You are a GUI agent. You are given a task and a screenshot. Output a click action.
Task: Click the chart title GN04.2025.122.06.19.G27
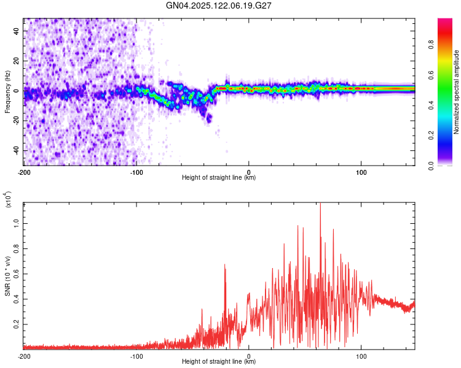point(219,6)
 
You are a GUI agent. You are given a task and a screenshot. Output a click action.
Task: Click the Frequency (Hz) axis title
point(7,91)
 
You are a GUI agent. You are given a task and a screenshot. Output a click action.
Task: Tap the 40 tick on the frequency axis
point(16,31)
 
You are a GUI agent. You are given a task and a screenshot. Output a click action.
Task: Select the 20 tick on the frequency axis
point(16,61)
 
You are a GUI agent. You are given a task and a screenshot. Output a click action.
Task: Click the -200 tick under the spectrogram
point(24,172)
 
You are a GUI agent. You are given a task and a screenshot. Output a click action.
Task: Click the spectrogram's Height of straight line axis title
point(219,178)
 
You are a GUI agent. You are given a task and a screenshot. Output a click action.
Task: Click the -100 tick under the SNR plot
point(136,356)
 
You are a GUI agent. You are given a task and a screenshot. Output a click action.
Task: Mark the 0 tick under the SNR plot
point(249,356)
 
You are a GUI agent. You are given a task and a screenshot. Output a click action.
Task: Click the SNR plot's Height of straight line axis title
point(219,362)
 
